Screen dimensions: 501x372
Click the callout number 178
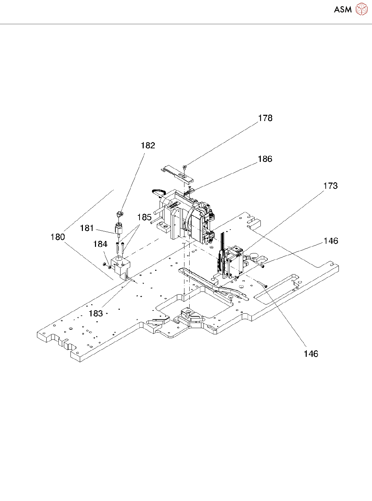click(265, 118)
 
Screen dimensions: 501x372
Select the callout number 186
click(265, 159)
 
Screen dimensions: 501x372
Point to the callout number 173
click(330, 186)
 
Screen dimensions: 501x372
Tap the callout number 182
click(148, 146)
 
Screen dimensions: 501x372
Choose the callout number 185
click(144, 217)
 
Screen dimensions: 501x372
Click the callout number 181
click(87, 228)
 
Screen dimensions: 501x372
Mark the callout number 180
click(58, 237)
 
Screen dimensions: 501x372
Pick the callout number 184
click(100, 244)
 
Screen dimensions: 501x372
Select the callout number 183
click(96, 314)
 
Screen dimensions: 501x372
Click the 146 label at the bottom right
click(311, 354)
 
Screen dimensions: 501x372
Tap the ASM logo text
click(343, 10)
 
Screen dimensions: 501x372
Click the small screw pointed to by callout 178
click(185, 167)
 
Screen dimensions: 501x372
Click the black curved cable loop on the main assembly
click(160, 191)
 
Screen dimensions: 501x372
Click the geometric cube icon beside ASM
click(362, 9)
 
